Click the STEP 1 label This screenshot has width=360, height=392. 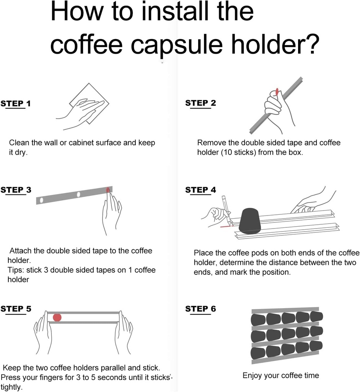coord(16,103)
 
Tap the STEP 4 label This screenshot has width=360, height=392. coord(200,190)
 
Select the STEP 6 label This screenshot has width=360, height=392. coord(200,309)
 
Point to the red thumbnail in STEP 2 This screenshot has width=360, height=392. coord(277,92)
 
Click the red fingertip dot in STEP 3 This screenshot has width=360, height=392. coord(108,190)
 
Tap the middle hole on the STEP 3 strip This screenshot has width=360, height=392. coord(78,194)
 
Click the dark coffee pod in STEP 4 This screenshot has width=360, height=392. coord(249,221)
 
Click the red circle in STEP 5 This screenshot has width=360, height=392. coord(57,317)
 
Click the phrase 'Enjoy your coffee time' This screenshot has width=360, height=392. coord(280,375)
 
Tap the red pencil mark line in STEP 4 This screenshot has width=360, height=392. coord(226,226)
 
